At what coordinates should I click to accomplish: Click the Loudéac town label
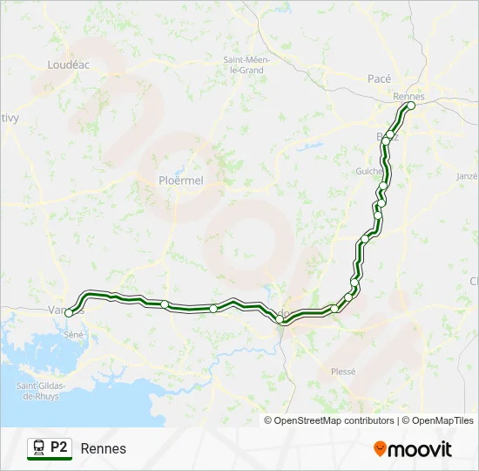click(68, 64)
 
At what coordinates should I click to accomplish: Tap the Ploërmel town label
click(181, 181)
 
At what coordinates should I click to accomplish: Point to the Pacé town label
click(380, 78)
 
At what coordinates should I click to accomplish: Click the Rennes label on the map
click(408, 96)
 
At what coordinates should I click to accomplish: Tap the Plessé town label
click(343, 371)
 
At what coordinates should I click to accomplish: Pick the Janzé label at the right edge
click(468, 175)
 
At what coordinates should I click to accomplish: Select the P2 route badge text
click(58, 447)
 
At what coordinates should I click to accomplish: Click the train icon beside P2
click(39, 447)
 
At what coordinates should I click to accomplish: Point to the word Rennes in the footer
click(104, 448)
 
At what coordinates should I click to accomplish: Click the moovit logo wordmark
click(420, 449)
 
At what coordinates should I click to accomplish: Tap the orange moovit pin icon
click(380, 449)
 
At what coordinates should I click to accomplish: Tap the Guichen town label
click(368, 172)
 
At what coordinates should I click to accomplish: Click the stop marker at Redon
click(280, 319)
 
